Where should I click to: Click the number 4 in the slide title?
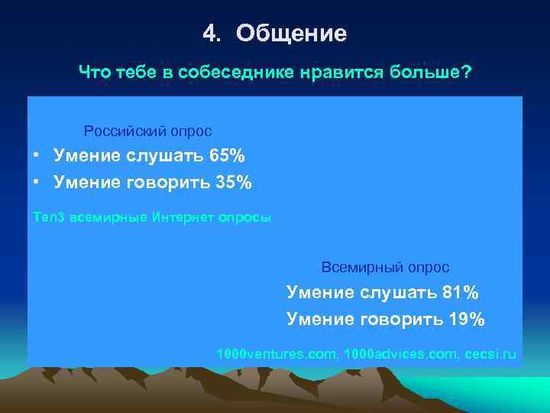(209, 34)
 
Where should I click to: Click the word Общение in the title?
(291, 34)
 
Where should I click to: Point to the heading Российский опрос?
(147, 132)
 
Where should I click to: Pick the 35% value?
(233, 183)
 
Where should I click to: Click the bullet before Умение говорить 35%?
(37, 183)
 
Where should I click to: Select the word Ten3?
(49, 217)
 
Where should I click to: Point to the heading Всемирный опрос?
(385, 268)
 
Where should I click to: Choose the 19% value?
(467, 319)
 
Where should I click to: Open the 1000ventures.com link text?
(277, 355)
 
